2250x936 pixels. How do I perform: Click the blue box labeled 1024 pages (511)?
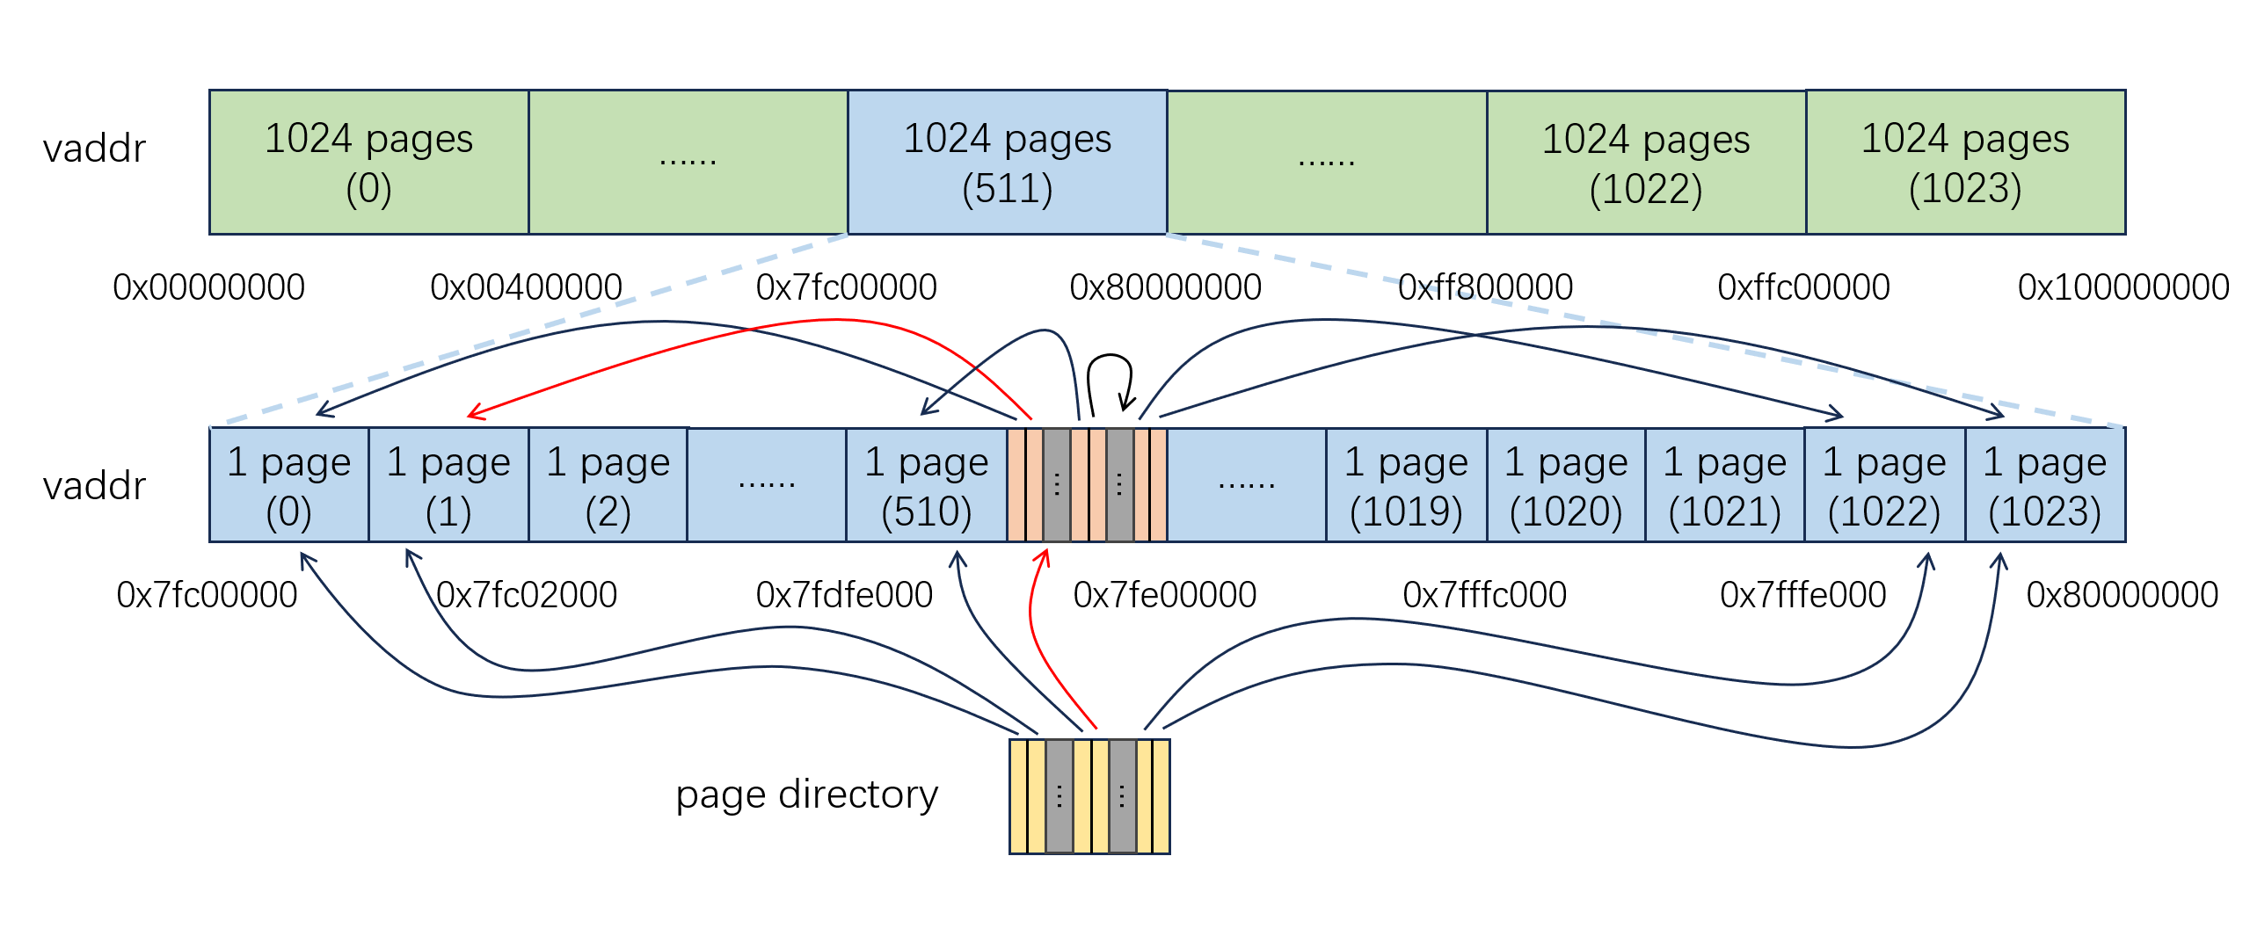1007,163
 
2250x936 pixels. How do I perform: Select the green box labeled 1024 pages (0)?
368,163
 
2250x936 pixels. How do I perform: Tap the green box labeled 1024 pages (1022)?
1646,163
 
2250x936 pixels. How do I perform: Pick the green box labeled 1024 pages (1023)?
1965,163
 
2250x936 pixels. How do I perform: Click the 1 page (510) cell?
926,485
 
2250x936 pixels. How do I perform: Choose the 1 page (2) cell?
608,485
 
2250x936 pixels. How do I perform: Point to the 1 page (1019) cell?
1406,485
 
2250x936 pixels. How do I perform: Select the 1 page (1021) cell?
1724,485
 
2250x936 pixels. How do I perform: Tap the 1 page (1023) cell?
2044,485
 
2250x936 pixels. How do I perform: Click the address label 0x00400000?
526,287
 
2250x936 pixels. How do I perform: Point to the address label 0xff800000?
1485,287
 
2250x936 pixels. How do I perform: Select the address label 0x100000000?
2123,287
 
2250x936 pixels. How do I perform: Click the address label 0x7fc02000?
527,595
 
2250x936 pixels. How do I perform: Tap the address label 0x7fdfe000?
844,595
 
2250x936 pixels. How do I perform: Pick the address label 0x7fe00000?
1164,595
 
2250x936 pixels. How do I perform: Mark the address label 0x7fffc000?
1484,595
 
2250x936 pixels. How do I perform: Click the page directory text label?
806,795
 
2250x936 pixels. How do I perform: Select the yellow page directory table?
1089,796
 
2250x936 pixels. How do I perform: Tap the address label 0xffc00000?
1803,287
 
